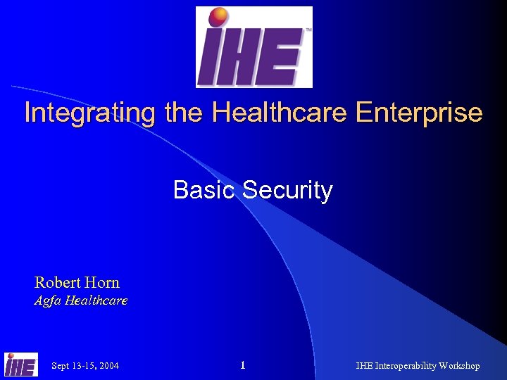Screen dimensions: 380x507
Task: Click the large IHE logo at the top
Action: click(254, 47)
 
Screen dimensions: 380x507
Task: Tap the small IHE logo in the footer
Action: click(21, 365)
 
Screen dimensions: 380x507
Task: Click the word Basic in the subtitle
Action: click(204, 190)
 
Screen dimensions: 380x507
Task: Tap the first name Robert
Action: click(58, 283)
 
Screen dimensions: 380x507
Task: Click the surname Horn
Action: click(102, 283)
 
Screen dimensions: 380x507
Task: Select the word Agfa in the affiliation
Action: click(47, 301)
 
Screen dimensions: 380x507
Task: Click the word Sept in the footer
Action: click(61, 366)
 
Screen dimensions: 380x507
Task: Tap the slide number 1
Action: click(242, 365)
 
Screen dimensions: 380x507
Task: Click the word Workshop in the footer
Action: click(459, 366)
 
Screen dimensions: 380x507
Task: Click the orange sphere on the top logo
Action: click(219, 17)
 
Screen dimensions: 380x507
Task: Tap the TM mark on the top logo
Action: click(307, 31)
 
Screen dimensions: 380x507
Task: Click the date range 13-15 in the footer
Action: click(83, 366)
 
